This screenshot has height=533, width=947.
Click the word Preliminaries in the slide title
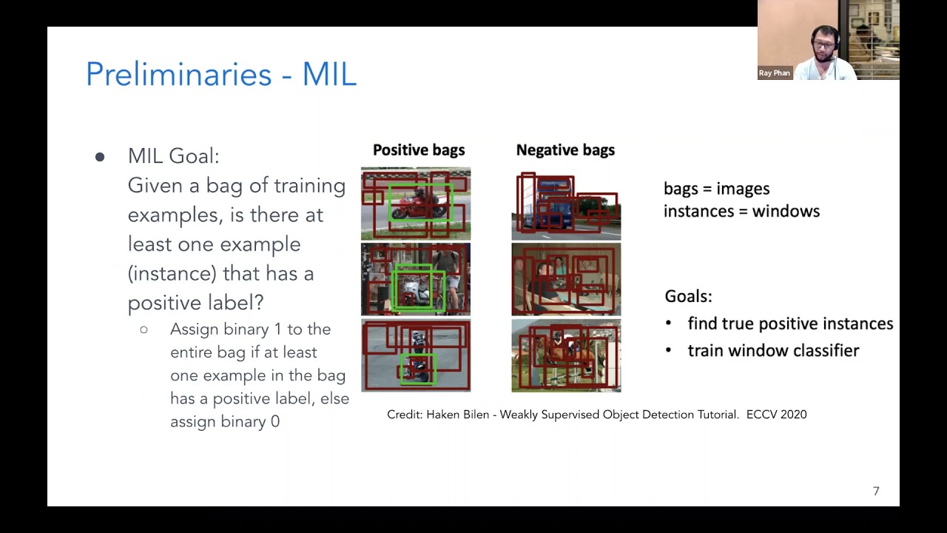pos(179,75)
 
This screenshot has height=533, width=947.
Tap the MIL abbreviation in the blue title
pos(329,74)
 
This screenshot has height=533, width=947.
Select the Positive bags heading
pos(419,150)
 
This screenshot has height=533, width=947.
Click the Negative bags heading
pos(565,150)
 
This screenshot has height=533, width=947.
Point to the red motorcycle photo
pos(416,204)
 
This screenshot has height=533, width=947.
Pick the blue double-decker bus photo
pos(566,204)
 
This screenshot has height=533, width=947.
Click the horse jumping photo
pos(566,356)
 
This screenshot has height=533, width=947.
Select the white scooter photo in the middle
pos(416,279)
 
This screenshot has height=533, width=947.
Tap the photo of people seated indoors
pos(566,279)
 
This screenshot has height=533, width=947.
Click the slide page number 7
pos(876,491)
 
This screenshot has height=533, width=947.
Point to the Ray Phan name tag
pos(774,73)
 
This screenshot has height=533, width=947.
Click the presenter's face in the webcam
pos(823,45)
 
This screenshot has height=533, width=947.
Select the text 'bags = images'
pos(717,189)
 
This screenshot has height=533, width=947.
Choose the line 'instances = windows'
pos(741,211)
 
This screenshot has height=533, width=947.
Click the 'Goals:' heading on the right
pos(688,296)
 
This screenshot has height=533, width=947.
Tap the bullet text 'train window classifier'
pos(773,351)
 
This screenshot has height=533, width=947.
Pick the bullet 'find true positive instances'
pos(790,324)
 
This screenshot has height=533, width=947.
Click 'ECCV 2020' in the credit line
pos(776,415)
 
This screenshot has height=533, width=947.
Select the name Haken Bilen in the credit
pos(457,415)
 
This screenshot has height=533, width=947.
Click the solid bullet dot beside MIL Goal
pos(100,158)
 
